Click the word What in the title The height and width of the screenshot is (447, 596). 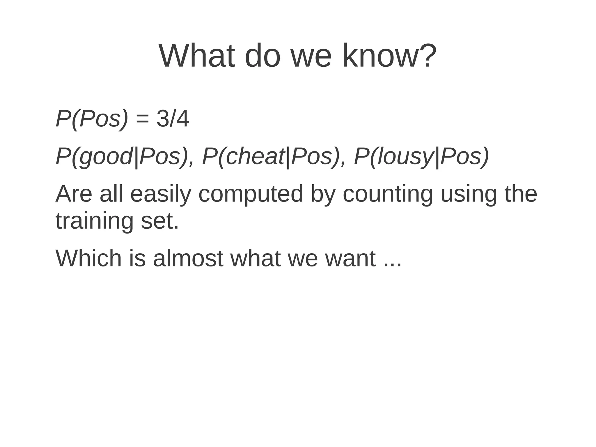point(197,56)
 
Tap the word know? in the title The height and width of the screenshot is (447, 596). point(389,56)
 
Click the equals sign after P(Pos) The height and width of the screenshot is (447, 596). point(142,119)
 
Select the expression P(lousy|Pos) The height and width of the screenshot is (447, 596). point(421,157)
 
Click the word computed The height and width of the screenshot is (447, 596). point(251,194)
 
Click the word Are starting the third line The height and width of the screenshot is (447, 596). point(74,194)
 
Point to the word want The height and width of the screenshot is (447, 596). point(350,259)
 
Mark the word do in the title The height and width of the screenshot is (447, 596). point(263,56)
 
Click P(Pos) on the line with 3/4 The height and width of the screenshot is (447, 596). point(92,119)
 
